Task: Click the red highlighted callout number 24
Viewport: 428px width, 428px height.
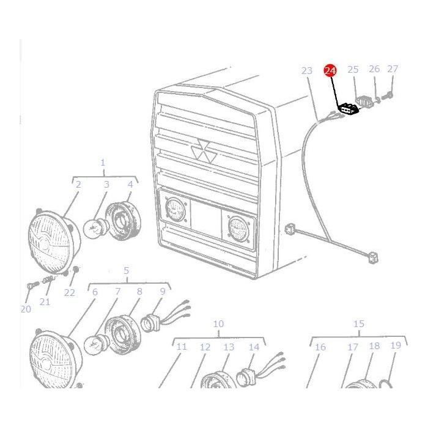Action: coord(330,71)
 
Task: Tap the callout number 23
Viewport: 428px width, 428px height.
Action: coord(307,71)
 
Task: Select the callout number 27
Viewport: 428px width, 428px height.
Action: coord(393,69)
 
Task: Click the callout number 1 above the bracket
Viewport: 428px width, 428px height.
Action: coord(103,163)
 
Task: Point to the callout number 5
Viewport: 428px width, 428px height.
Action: coord(127,270)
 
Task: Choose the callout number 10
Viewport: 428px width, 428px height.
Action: coord(218,324)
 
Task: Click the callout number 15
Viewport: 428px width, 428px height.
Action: coord(359,324)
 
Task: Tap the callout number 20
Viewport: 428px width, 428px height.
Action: coord(26,309)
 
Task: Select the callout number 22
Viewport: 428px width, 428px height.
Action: coord(70,293)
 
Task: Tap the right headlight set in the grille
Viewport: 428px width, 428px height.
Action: coord(237,229)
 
